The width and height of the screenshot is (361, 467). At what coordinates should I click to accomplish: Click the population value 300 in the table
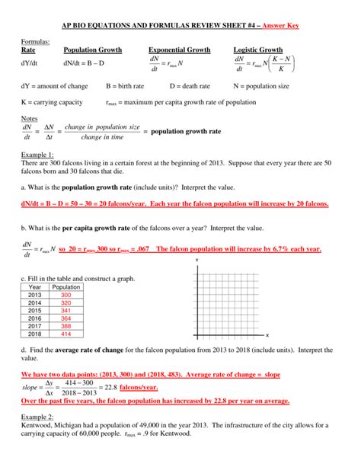point(65,294)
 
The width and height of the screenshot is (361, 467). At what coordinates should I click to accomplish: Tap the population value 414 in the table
point(65,334)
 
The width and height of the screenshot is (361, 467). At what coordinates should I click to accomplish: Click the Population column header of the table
point(65,286)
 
